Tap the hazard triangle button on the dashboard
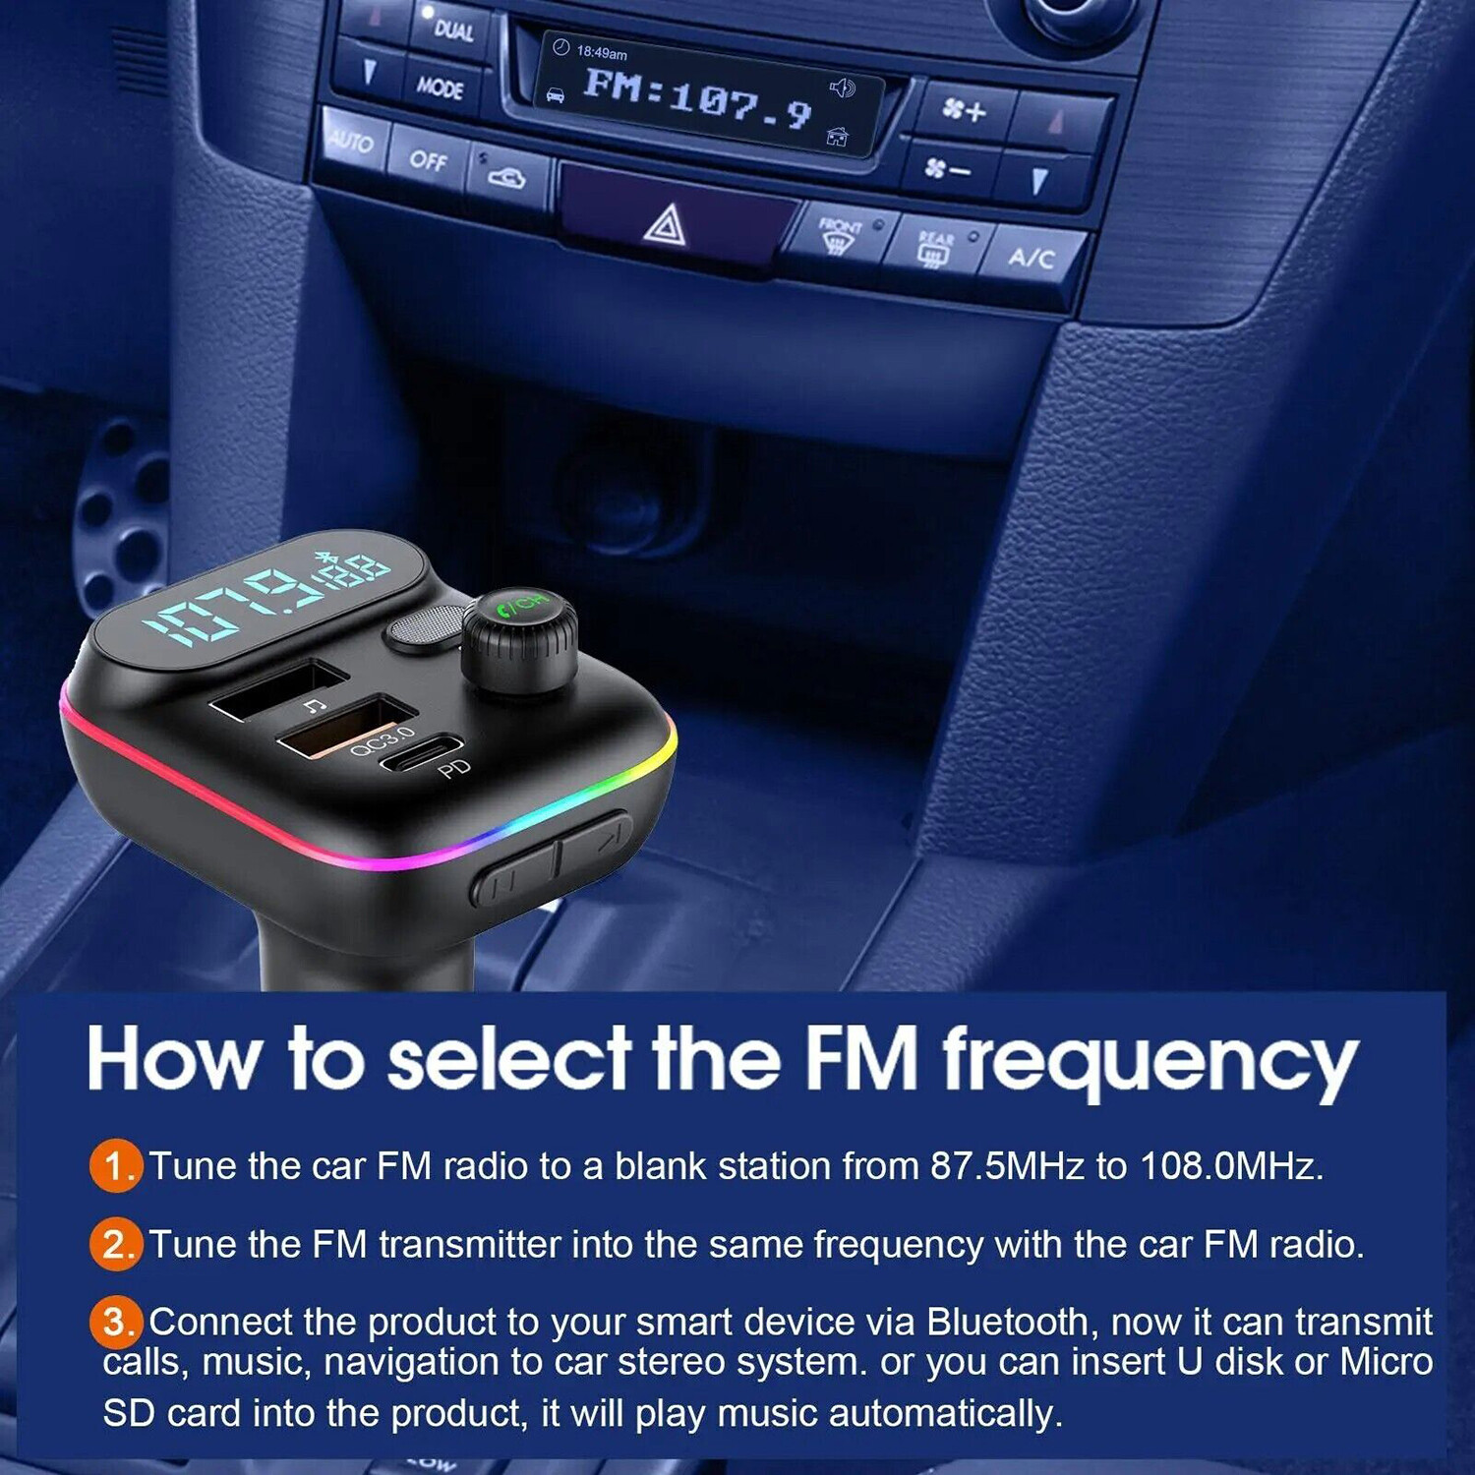coord(665,226)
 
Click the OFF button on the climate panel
coord(428,159)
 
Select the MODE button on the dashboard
coord(440,88)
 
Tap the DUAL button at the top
coord(453,30)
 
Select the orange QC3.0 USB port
coord(344,726)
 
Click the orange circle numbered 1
coord(116,1166)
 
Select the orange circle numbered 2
coord(116,1245)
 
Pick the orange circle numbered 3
coord(116,1322)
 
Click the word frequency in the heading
coord(1150,1062)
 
